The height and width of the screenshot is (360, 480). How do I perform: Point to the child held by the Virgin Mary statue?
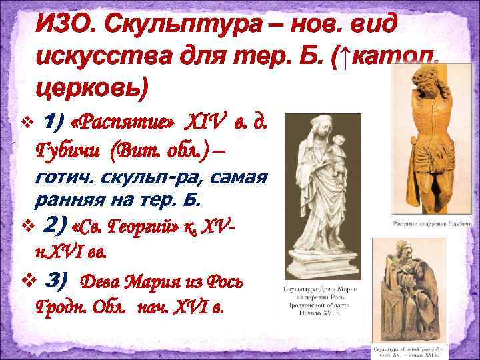pyautogui.click(x=337, y=150)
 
